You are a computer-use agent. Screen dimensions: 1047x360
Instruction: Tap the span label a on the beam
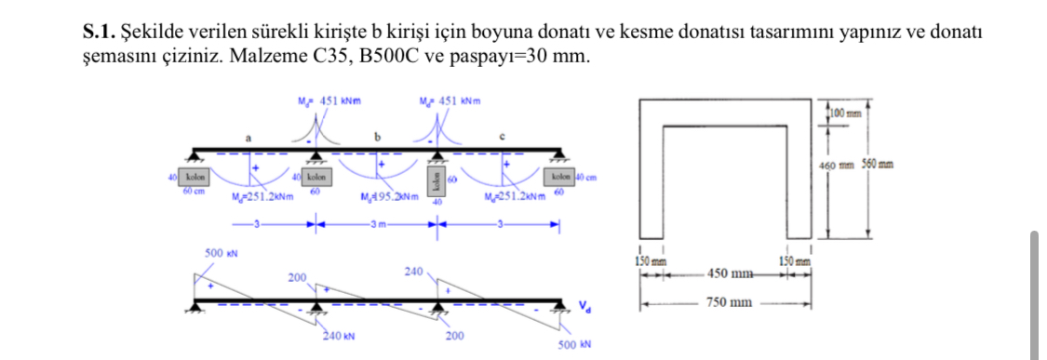click(248, 138)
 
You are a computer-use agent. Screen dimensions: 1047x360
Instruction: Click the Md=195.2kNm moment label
click(383, 196)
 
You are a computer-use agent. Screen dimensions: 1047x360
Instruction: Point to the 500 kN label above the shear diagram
click(219, 252)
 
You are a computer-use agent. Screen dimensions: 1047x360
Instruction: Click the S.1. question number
click(100, 34)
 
